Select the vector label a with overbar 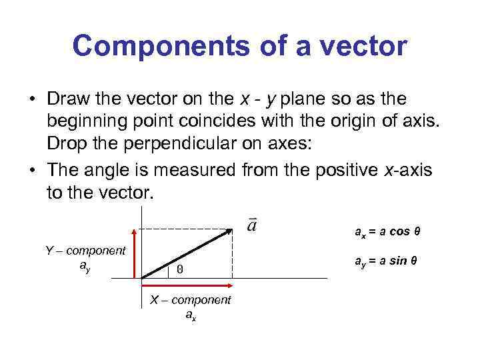251,224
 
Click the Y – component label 85,251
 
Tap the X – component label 190,300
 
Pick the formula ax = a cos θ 387,233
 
